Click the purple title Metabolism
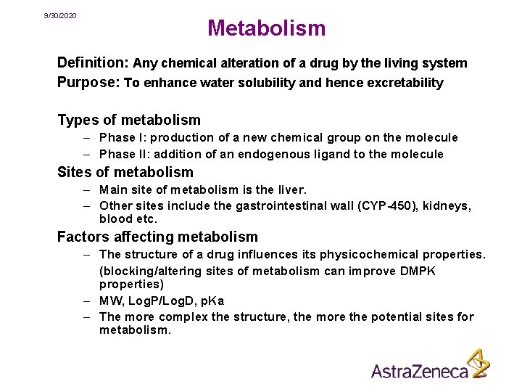(x=266, y=28)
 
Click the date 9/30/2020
(x=60, y=15)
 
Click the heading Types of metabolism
(x=129, y=120)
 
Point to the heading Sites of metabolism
(x=125, y=172)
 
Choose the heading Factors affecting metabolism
(x=157, y=237)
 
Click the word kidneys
(x=446, y=206)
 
